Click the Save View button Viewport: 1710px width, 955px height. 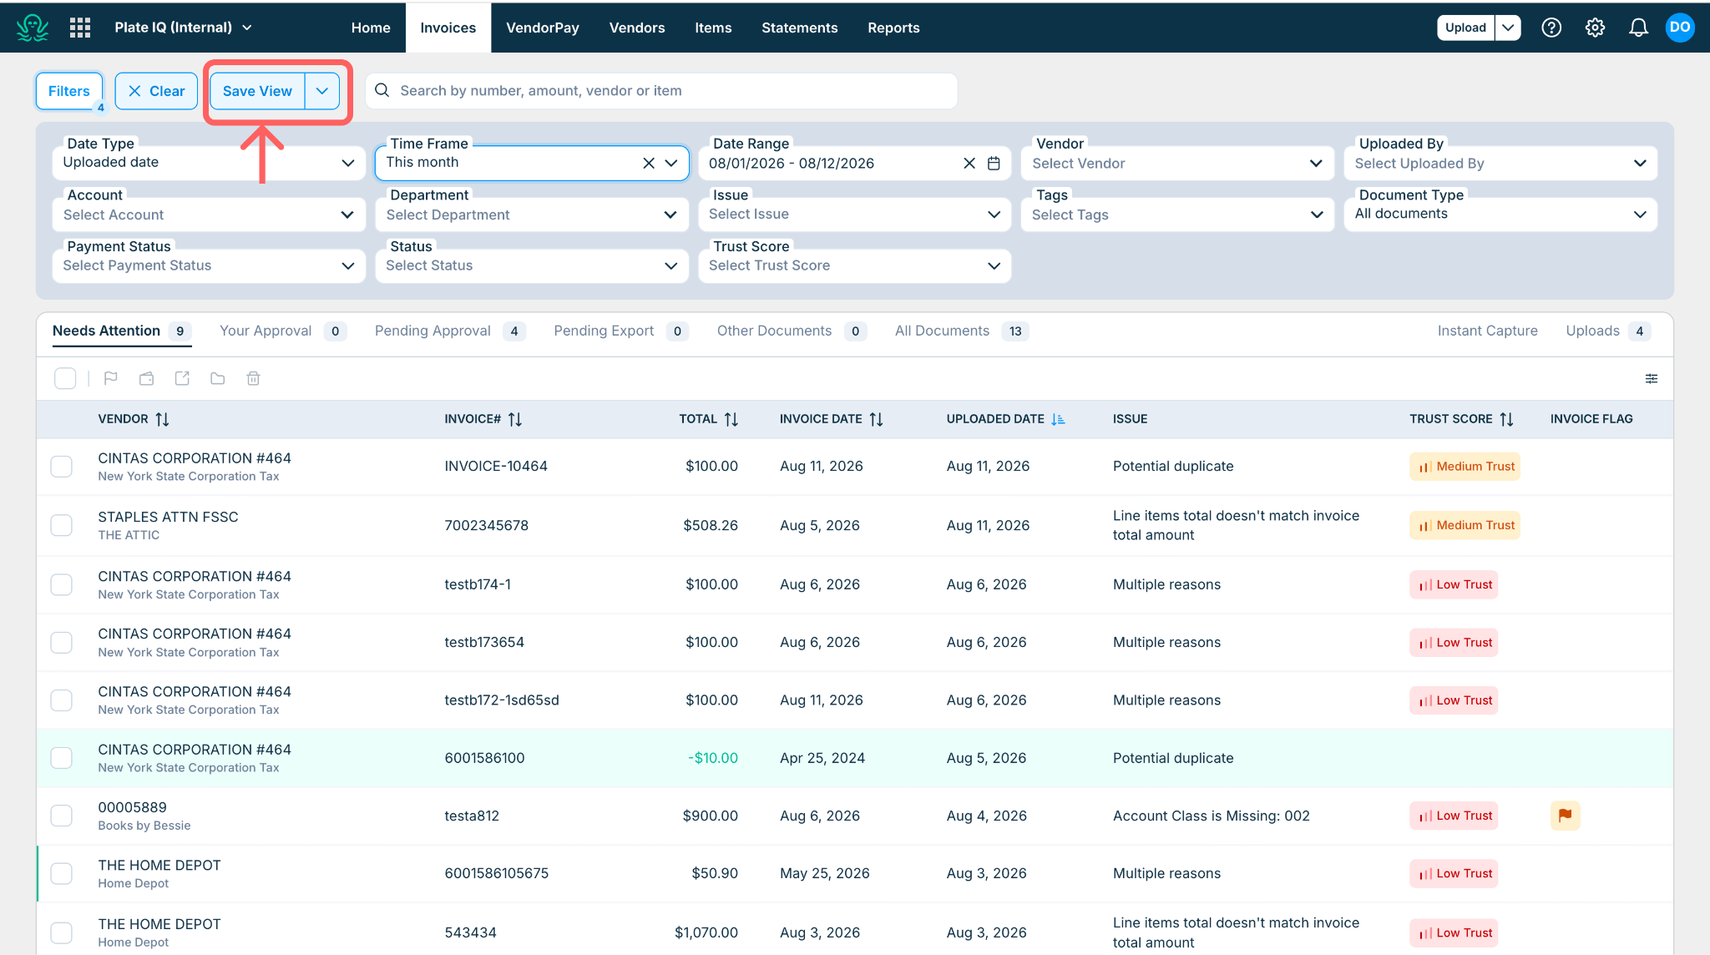[257, 91]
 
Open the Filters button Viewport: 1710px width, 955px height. [69, 91]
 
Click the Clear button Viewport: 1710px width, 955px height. [156, 91]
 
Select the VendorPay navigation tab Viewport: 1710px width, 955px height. [543, 28]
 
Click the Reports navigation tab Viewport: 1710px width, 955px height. [893, 28]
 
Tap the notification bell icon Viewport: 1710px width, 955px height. [1638, 28]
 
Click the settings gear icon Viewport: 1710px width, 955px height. [1595, 28]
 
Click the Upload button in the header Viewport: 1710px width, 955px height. [1465, 28]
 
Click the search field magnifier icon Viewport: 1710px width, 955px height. [382, 90]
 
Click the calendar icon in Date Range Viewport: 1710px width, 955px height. [994, 164]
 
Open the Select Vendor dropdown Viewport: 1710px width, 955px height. [1177, 164]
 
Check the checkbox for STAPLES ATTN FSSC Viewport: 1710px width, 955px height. [62, 525]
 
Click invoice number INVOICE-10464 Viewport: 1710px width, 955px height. [496, 466]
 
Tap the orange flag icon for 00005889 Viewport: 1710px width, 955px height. [1565, 816]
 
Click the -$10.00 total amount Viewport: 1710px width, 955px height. [713, 758]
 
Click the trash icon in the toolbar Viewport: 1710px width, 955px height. [254, 379]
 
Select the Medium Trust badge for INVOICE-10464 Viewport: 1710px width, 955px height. [1465, 467]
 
